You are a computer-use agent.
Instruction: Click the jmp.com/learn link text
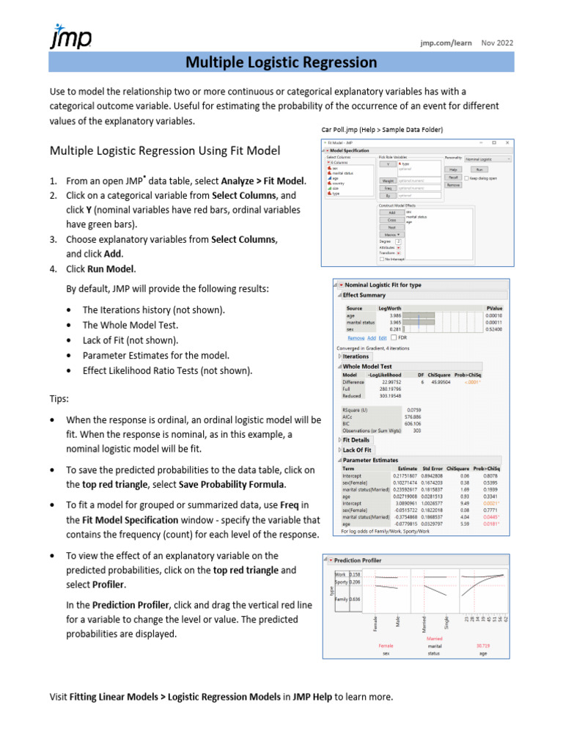pos(446,43)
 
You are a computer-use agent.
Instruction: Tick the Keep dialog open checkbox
pos(467,177)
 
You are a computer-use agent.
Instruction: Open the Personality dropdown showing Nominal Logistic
pos(487,158)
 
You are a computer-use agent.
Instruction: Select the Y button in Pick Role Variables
pos(388,164)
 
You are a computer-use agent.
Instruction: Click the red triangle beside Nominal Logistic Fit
pos(340,285)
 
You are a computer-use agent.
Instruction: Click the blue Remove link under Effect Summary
pos(356,338)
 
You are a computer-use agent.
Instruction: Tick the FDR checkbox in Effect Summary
pos(394,338)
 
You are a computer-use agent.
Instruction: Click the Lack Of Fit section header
pos(358,450)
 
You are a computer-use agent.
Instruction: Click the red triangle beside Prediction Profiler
pos(331,560)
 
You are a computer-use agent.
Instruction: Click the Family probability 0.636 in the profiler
pos(355,599)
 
